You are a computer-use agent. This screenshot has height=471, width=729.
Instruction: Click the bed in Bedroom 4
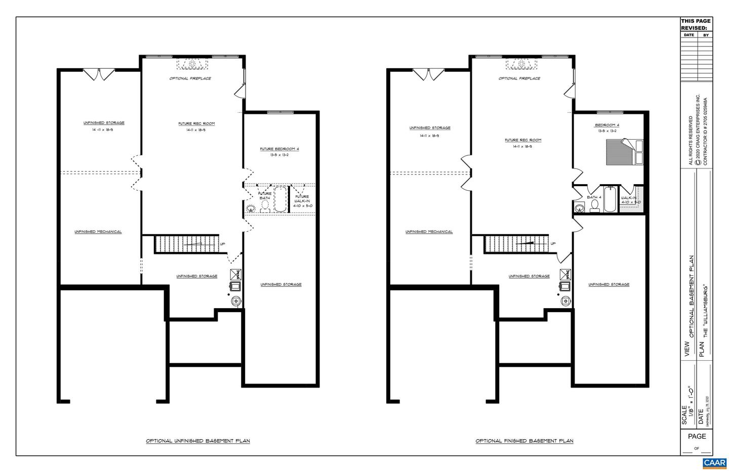pyautogui.click(x=624, y=151)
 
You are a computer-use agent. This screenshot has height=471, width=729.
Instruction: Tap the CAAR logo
pyautogui.click(x=714, y=463)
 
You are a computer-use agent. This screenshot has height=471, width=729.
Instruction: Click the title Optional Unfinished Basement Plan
pyautogui.click(x=198, y=441)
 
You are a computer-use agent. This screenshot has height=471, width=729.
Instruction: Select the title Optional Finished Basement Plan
pyautogui.click(x=524, y=441)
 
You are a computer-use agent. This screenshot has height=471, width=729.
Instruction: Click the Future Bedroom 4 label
pyautogui.click(x=279, y=149)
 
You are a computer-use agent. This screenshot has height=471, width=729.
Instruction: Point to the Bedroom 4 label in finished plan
pyautogui.click(x=606, y=125)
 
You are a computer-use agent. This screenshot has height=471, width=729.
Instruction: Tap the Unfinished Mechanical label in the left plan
pyautogui.click(x=98, y=232)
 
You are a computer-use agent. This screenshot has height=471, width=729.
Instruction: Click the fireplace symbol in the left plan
pyautogui.click(x=192, y=64)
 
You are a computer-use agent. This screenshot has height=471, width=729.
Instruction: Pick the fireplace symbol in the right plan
pyautogui.click(x=520, y=64)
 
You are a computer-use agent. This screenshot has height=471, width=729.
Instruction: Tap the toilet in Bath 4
pyautogui.click(x=595, y=205)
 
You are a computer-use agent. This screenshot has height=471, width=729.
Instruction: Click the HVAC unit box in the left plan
pyautogui.click(x=235, y=275)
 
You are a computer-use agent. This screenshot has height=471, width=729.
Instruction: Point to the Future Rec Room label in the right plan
pyautogui.click(x=523, y=140)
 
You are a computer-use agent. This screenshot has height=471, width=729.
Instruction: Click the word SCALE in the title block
pyautogui.click(x=685, y=415)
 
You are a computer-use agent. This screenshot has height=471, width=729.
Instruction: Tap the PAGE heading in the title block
pyautogui.click(x=697, y=436)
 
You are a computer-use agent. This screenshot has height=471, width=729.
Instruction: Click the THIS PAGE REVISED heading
pyautogui.click(x=696, y=24)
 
